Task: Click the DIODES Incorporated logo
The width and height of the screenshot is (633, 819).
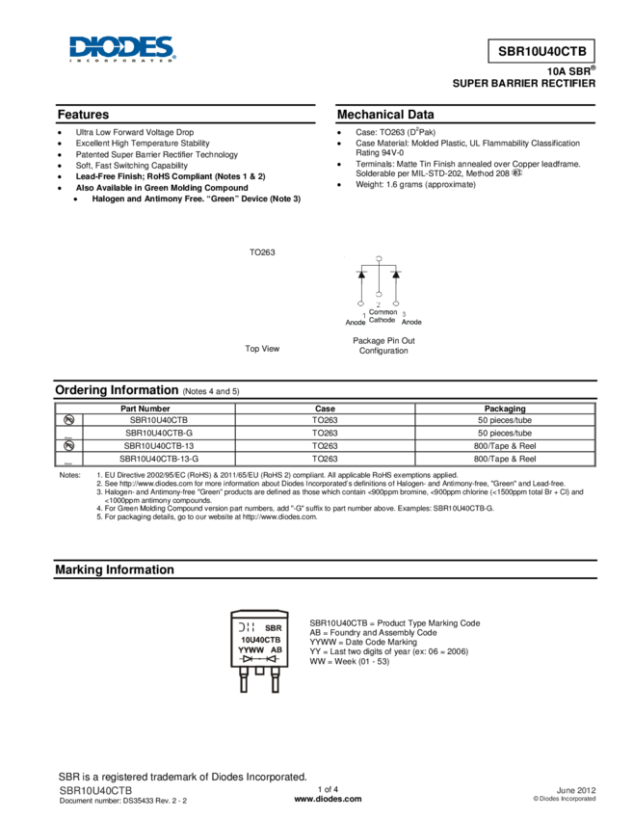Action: (x=122, y=49)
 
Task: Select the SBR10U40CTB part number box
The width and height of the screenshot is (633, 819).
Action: (x=541, y=51)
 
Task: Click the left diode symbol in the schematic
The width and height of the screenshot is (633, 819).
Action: (x=361, y=275)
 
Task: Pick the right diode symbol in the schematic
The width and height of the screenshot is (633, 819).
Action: (x=395, y=275)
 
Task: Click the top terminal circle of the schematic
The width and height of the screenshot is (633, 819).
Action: (x=379, y=258)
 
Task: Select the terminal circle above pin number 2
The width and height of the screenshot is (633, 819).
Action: (x=379, y=294)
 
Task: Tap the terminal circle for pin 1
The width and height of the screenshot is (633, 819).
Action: (x=361, y=304)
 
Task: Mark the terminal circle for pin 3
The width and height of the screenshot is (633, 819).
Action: (x=396, y=304)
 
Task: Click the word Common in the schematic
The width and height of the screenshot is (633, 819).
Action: (x=382, y=312)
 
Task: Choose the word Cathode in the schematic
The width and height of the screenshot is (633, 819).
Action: (x=382, y=320)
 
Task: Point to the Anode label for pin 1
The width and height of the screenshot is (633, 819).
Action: (x=355, y=323)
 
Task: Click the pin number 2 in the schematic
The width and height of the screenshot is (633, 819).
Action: (x=379, y=304)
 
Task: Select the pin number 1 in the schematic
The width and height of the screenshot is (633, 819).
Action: (x=364, y=314)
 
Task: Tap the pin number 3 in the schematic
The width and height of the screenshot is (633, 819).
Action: (x=404, y=314)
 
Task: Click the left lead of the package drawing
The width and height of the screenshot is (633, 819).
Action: (x=243, y=682)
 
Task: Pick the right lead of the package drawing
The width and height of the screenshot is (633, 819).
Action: (x=275, y=682)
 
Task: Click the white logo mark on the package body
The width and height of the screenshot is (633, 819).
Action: (x=245, y=626)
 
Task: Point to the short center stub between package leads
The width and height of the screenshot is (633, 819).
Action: (x=259, y=674)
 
